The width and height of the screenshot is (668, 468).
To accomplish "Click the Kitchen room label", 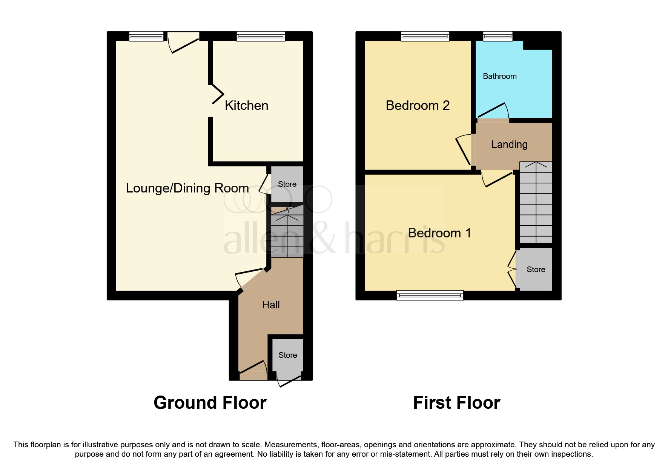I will point(246,105).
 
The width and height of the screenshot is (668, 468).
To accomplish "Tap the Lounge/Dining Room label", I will point(187,188).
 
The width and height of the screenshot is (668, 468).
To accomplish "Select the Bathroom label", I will point(499,76).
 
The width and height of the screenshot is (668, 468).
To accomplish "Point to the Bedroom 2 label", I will point(418,105).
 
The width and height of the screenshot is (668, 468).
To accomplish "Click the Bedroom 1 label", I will point(439,233).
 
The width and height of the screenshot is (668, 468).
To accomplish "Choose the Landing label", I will point(509,144).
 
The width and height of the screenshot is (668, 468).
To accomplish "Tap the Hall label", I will point(271,305).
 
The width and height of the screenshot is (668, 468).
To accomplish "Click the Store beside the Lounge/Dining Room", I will point(287,184).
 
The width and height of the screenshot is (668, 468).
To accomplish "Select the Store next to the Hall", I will point(287,355).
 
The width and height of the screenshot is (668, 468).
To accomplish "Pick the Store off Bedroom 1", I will point(536,269).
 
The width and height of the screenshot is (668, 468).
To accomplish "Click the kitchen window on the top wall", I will point(261,36).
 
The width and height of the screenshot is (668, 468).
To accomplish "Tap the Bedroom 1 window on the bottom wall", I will point(430,295).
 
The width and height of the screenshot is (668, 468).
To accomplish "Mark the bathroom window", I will point(498,36).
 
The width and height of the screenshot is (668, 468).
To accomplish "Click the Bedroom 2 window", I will point(425,36).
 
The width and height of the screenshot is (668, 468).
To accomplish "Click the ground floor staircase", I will point(287,232).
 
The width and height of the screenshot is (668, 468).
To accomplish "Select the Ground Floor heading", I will point(210,403).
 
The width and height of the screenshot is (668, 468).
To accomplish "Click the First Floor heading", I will point(456,403).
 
